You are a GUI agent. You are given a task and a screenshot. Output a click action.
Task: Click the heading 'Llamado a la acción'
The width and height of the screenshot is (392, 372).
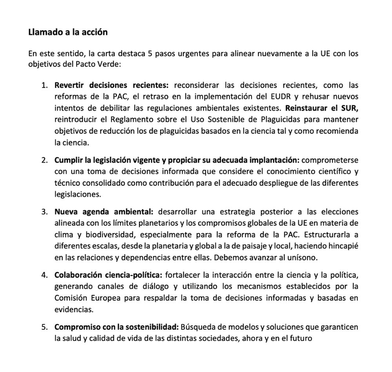(68, 32)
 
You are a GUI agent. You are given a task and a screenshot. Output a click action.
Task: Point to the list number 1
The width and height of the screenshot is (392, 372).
(44, 85)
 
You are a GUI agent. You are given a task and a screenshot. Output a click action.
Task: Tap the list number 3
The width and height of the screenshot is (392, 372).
(44, 212)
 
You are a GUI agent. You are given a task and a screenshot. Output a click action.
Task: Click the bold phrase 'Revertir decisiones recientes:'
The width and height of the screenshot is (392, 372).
(111, 85)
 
